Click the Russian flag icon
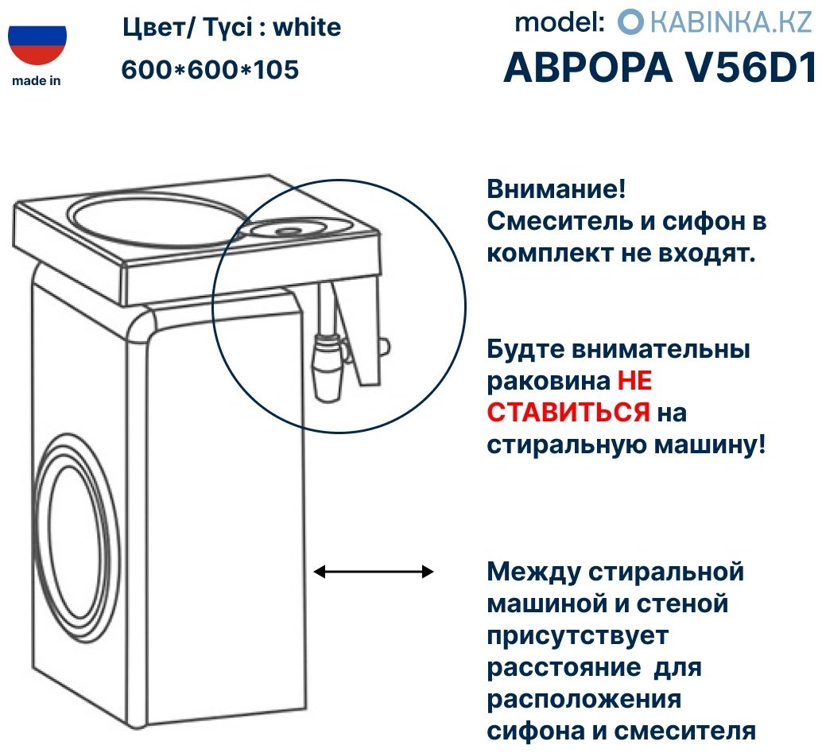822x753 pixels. pos(37,45)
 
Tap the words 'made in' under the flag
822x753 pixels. pos(37,81)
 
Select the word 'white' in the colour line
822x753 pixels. pos(307,27)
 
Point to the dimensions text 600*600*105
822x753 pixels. pos(210,69)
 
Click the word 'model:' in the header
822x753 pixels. pos(560,22)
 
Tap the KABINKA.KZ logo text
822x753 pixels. pos(731,22)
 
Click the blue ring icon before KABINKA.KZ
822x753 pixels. pos(630,22)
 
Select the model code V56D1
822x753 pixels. pos(750,67)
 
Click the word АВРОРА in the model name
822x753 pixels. pos(587,67)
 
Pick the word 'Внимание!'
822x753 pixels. pos(556,188)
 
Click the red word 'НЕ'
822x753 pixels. pos(634,380)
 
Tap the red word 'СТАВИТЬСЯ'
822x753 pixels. pos(568,412)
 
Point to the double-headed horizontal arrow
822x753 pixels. pos(374,572)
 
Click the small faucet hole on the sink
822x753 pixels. pos(287,231)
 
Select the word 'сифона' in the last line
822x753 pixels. pos(536,731)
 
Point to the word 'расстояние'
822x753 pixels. pos(564,668)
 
